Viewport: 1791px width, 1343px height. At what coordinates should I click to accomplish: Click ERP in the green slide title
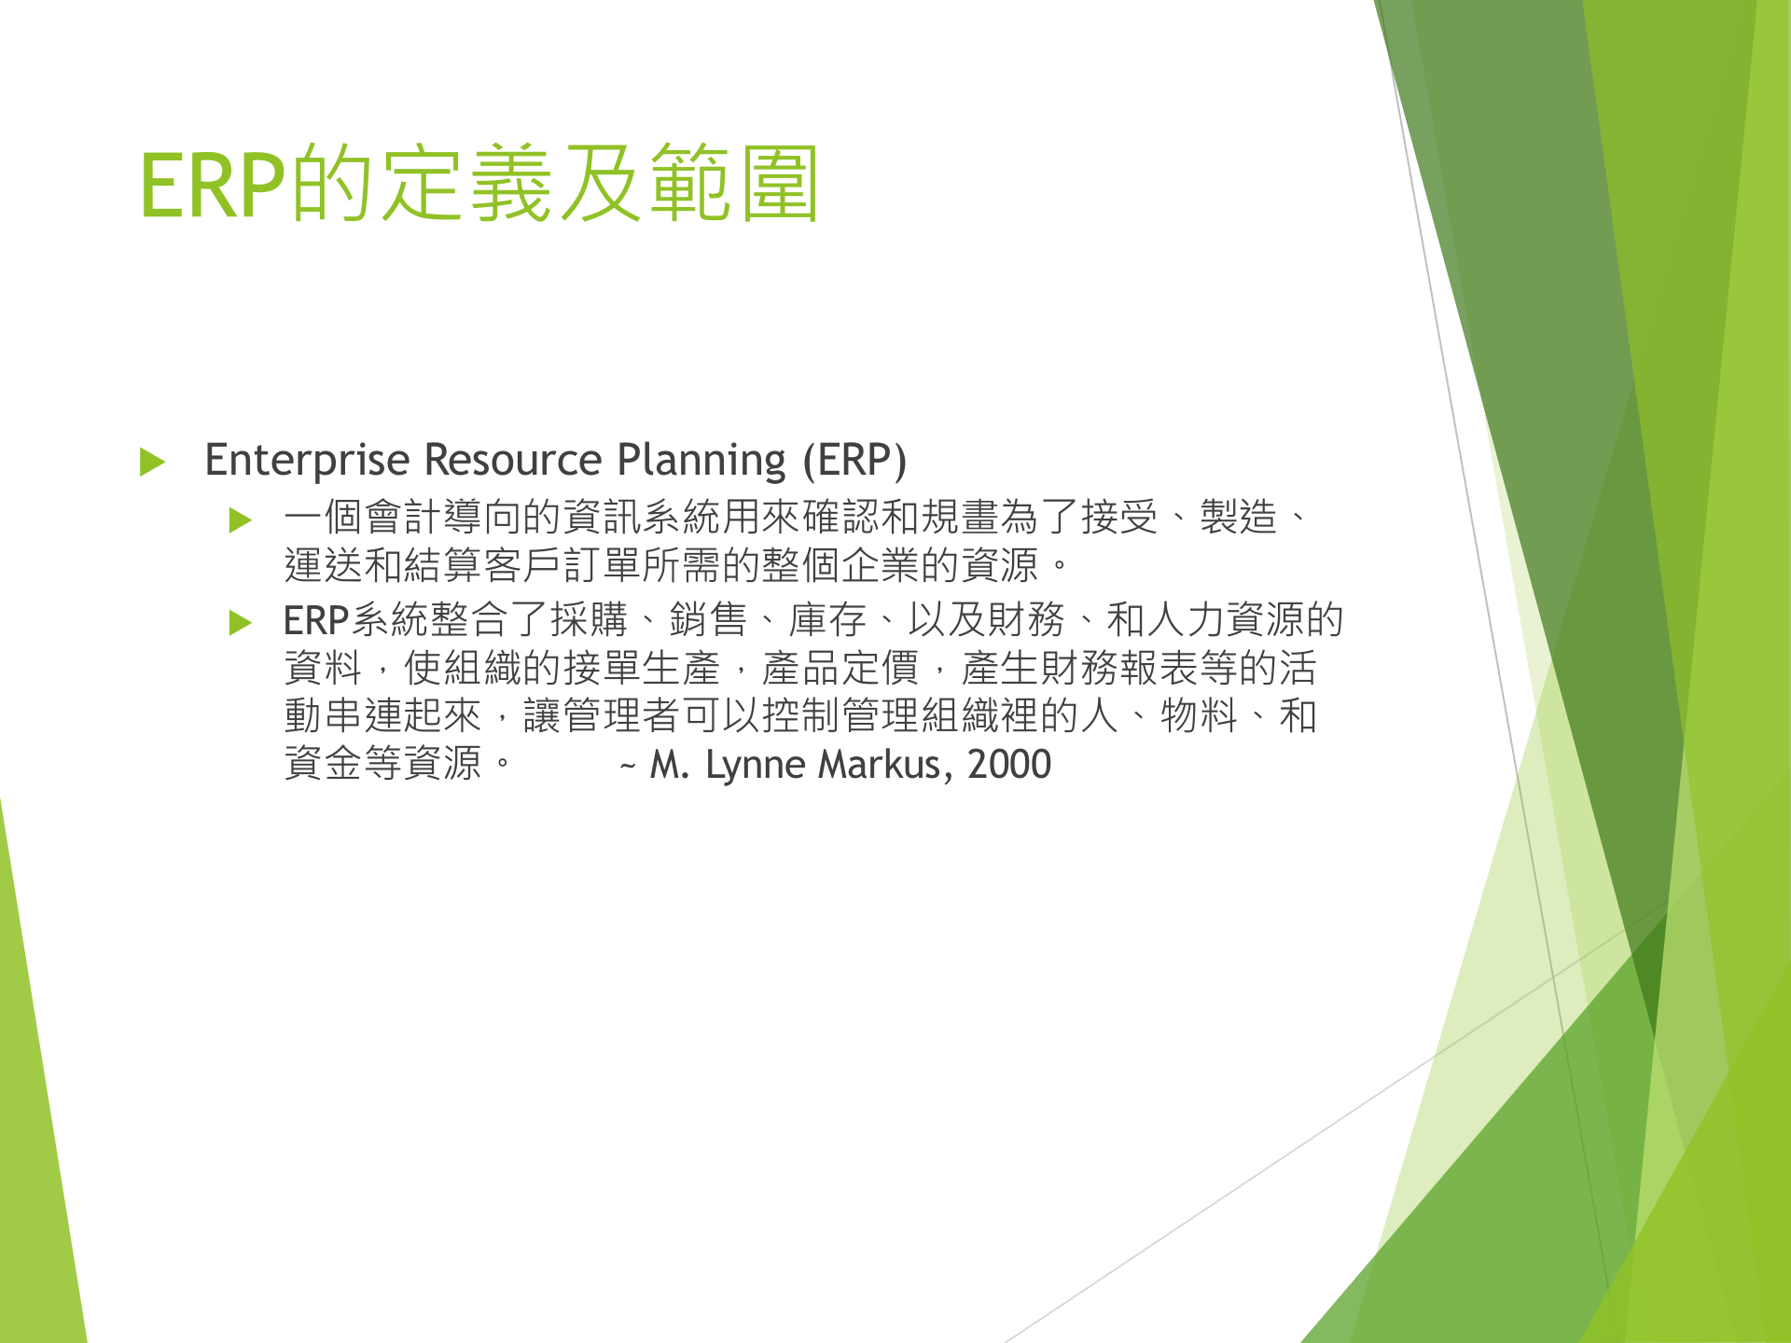point(213,186)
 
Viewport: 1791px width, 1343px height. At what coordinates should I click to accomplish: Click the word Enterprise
point(307,461)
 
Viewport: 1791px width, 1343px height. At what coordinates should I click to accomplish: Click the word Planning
point(701,461)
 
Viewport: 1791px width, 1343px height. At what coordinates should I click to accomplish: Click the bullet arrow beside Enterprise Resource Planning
point(152,462)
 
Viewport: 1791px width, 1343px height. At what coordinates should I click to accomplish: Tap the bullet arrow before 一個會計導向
point(241,519)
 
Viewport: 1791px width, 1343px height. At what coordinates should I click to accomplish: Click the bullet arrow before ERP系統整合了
point(241,622)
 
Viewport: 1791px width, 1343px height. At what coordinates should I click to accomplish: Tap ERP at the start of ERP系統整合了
point(315,620)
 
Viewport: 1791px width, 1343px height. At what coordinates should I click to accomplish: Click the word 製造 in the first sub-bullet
point(1238,517)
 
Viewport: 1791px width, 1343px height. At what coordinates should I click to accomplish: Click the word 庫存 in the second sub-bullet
point(827,620)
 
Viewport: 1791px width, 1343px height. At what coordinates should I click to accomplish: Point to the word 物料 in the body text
point(1199,716)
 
